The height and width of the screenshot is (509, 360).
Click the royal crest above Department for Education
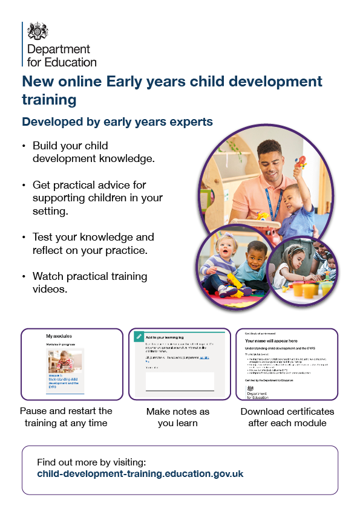38,30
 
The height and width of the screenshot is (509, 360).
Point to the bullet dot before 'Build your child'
24,146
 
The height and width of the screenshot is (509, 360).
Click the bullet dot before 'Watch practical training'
24,276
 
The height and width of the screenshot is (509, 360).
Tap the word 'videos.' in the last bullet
50,289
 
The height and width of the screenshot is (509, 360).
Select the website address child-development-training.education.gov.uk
140,474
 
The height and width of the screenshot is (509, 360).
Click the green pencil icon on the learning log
139,336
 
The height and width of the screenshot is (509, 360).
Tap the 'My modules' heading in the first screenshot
58,336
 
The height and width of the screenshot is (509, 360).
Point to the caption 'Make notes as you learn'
178,417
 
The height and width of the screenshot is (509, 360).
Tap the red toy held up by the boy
300,162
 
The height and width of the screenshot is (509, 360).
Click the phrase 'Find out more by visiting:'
91,462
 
